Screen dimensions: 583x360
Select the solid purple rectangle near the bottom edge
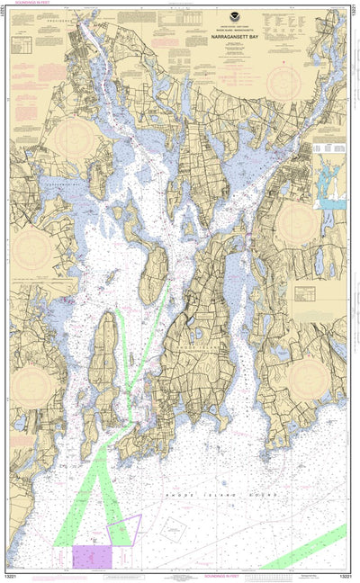92,555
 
